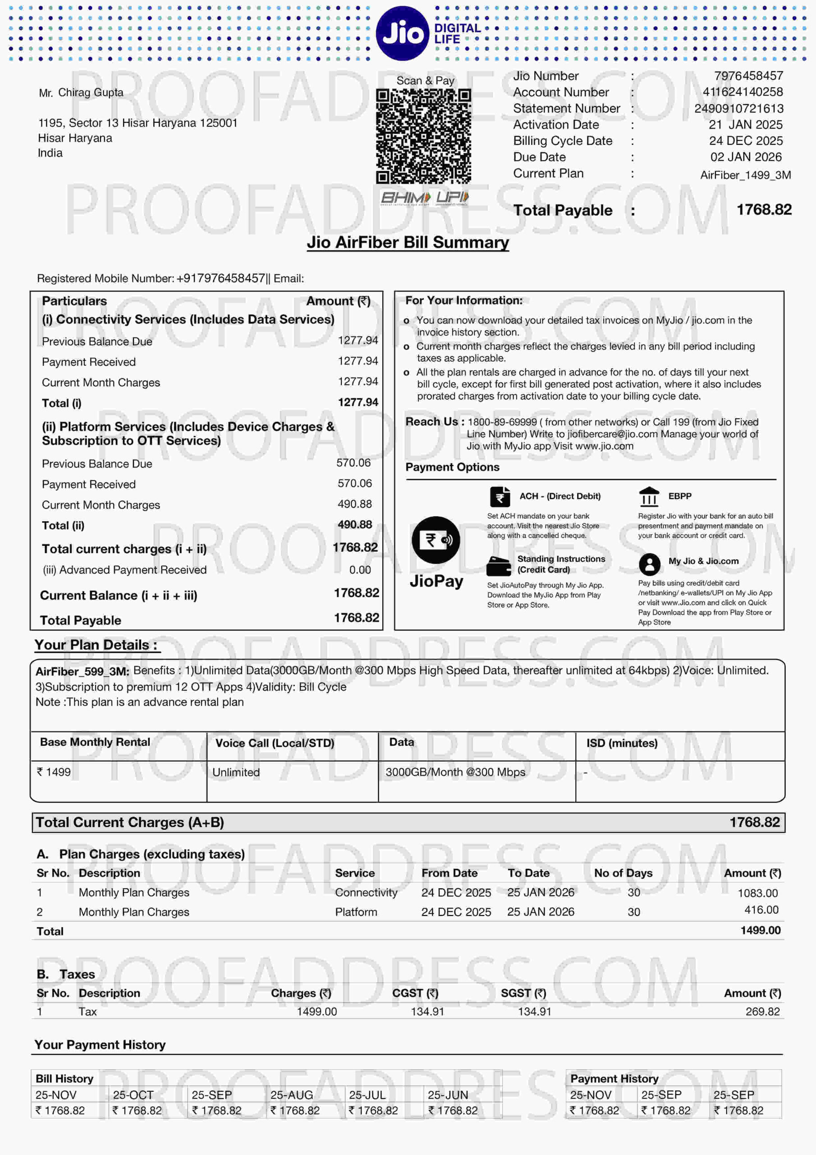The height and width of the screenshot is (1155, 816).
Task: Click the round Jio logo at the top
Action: [402, 33]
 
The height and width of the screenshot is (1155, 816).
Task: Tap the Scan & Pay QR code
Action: [423, 136]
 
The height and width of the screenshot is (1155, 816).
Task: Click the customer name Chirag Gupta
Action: [91, 92]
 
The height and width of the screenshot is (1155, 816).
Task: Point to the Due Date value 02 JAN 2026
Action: [746, 157]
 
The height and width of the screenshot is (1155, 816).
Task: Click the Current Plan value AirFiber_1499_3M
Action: [745, 175]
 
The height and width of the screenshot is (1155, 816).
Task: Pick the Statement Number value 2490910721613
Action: [738, 109]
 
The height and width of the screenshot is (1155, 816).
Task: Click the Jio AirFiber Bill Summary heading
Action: [408, 242]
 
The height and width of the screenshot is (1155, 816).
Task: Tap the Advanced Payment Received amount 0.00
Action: [360, 570]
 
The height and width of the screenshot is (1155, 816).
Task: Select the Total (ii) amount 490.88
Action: [355, 525]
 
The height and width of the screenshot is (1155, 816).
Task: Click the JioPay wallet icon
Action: [436, 540]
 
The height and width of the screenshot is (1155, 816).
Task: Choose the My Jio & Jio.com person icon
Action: [649, 564]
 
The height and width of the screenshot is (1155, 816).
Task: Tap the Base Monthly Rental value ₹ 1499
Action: [54, 772]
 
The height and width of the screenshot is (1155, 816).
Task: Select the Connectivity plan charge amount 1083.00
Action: [757, 893]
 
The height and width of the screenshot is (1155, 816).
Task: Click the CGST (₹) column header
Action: [415, 993]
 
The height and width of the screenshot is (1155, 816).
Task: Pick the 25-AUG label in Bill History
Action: [292, 1095]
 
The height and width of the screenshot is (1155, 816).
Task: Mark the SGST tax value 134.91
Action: [534, 1011]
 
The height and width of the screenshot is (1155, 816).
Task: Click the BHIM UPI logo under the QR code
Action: [424, 198]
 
